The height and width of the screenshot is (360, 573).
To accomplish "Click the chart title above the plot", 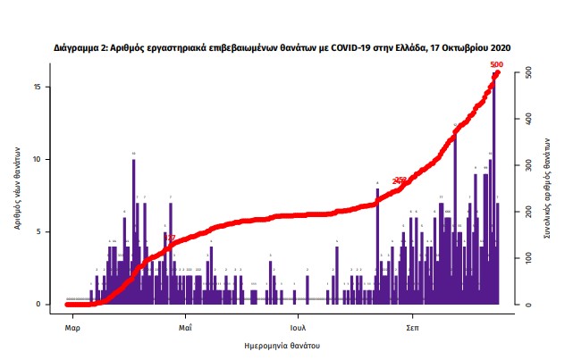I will pyautogui.click(x=282, y=46).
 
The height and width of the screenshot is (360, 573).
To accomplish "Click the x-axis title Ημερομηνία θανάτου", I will pyautogui.click(x=282, y=345).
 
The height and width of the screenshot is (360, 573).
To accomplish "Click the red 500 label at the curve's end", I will pyautogui.click(x=497, y=64).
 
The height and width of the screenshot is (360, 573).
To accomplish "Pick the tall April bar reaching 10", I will pyautogui.click(x=133, y=232).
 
